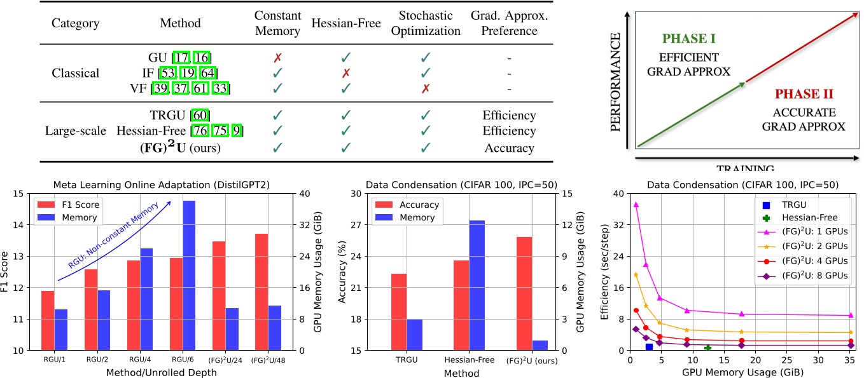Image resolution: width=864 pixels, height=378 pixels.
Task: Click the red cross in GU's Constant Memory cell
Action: click(277, 58)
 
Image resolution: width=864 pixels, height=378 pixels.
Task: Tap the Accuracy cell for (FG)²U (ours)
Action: click(509, 148)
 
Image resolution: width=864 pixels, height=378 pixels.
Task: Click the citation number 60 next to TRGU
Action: click(200, 116)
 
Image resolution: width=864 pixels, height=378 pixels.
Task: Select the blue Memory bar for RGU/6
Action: click(189, 275)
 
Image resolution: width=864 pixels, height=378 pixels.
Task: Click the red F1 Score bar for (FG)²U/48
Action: click(261, 292)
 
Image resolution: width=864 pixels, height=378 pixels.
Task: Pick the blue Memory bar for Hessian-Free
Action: click(477, 285)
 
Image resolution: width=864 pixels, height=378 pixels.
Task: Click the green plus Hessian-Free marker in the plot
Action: click(708, 348)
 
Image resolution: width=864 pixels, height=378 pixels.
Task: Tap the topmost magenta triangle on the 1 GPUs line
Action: click(636, 205)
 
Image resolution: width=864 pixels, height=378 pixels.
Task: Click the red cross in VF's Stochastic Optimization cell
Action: click(426, 88)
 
